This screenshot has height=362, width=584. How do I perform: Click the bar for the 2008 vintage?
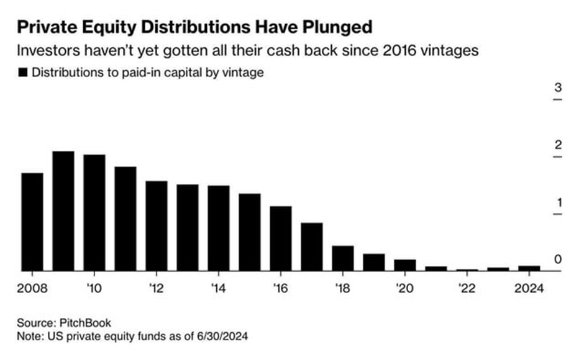32,222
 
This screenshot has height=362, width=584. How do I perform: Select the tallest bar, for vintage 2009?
63,211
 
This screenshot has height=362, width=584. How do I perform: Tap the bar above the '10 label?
94,213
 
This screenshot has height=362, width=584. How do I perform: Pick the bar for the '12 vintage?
156,226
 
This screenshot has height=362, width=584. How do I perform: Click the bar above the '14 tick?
218,229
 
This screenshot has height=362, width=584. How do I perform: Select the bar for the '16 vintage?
280,238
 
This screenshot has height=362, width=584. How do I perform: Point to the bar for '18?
342,258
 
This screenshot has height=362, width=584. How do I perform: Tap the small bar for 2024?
529,268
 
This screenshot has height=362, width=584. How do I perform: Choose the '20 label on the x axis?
404,288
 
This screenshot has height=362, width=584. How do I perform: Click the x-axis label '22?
467,288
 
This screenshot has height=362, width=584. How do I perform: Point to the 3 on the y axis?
557,87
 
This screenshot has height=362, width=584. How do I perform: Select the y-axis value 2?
557,145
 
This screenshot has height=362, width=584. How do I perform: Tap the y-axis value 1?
557,202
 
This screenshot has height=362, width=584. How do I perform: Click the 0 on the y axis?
557,260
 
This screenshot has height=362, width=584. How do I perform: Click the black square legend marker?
23,73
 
